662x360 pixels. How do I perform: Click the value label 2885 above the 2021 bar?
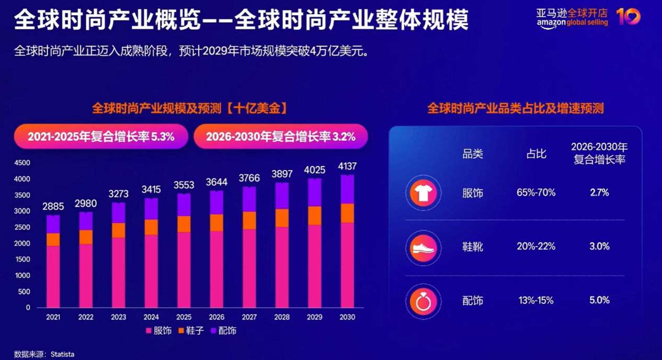coord(53,207)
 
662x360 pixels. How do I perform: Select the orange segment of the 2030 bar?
coord(347,213)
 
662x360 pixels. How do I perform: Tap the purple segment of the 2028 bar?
coord(282,196)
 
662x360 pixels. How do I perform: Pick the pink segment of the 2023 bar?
coord(119,272)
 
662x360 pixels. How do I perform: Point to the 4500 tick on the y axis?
coord(22,163)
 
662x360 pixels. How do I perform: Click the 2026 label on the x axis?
coord(216,317)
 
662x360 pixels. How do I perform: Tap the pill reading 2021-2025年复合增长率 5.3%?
coord(101,137)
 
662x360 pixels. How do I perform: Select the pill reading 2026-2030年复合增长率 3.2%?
coord(281,137)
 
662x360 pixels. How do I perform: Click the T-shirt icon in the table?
coord(423,193)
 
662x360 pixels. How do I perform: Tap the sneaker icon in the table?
coord(423,247)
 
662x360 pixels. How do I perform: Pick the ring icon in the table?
coord(423,301)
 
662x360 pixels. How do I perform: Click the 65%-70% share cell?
coord(536,193)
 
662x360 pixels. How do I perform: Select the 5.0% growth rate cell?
coord(599,300)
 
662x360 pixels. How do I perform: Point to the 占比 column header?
coord(536,153)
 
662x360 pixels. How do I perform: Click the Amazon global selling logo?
coord(572,18)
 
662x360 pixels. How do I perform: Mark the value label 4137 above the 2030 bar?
coord(347,166)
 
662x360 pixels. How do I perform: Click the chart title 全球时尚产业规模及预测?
coord(189,108)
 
